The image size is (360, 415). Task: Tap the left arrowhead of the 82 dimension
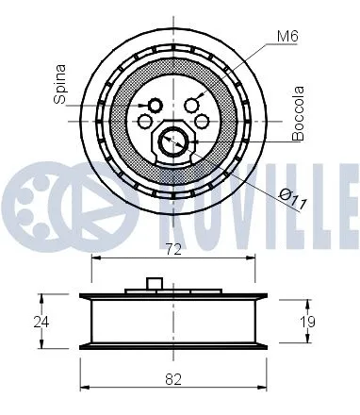click(85, 389)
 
